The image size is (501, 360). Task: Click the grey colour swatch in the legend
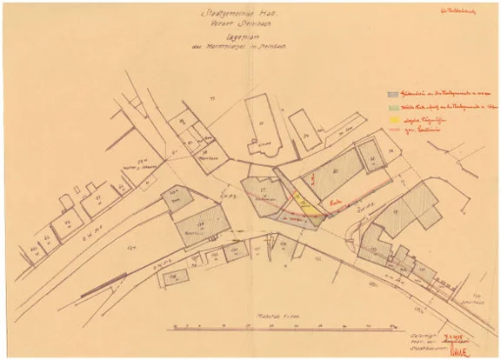[x=394, y=93]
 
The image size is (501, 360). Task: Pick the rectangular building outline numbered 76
[x=305, y=130]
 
